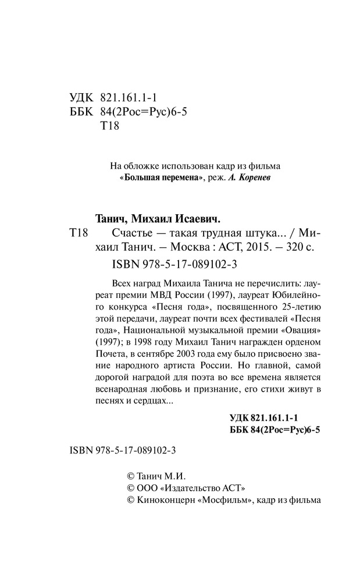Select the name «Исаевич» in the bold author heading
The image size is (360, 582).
198,218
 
